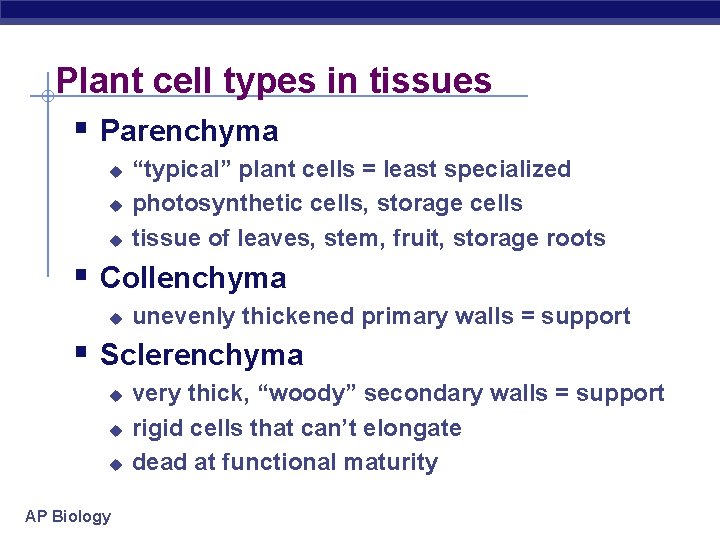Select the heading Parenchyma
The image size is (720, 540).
click(189, 131)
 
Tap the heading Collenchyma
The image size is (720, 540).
click(193, 278)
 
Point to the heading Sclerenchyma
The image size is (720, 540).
click(202, 355)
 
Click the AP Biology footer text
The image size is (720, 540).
click(68, 516)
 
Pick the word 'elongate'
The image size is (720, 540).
click(417, 429)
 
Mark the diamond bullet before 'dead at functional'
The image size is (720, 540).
click(115, 464)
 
